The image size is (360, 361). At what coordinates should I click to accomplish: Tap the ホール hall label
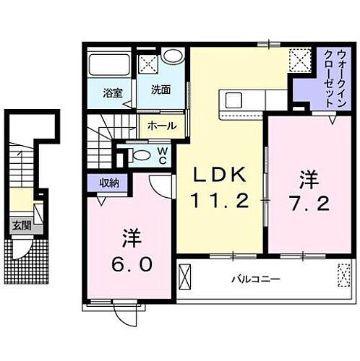pos(160,126)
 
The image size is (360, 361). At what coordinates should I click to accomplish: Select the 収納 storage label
pos(110,183)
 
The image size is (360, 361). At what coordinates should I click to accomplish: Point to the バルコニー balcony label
pos(256,278)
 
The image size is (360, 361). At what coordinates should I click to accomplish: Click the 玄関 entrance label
pos(18,225)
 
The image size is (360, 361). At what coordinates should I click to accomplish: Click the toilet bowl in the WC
pos(138,155)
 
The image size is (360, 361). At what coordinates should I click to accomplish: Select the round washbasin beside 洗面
pos(172,56)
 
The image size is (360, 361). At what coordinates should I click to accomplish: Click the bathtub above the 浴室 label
pos(109,66)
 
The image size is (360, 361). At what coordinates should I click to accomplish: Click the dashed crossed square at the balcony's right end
pos(342,274)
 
